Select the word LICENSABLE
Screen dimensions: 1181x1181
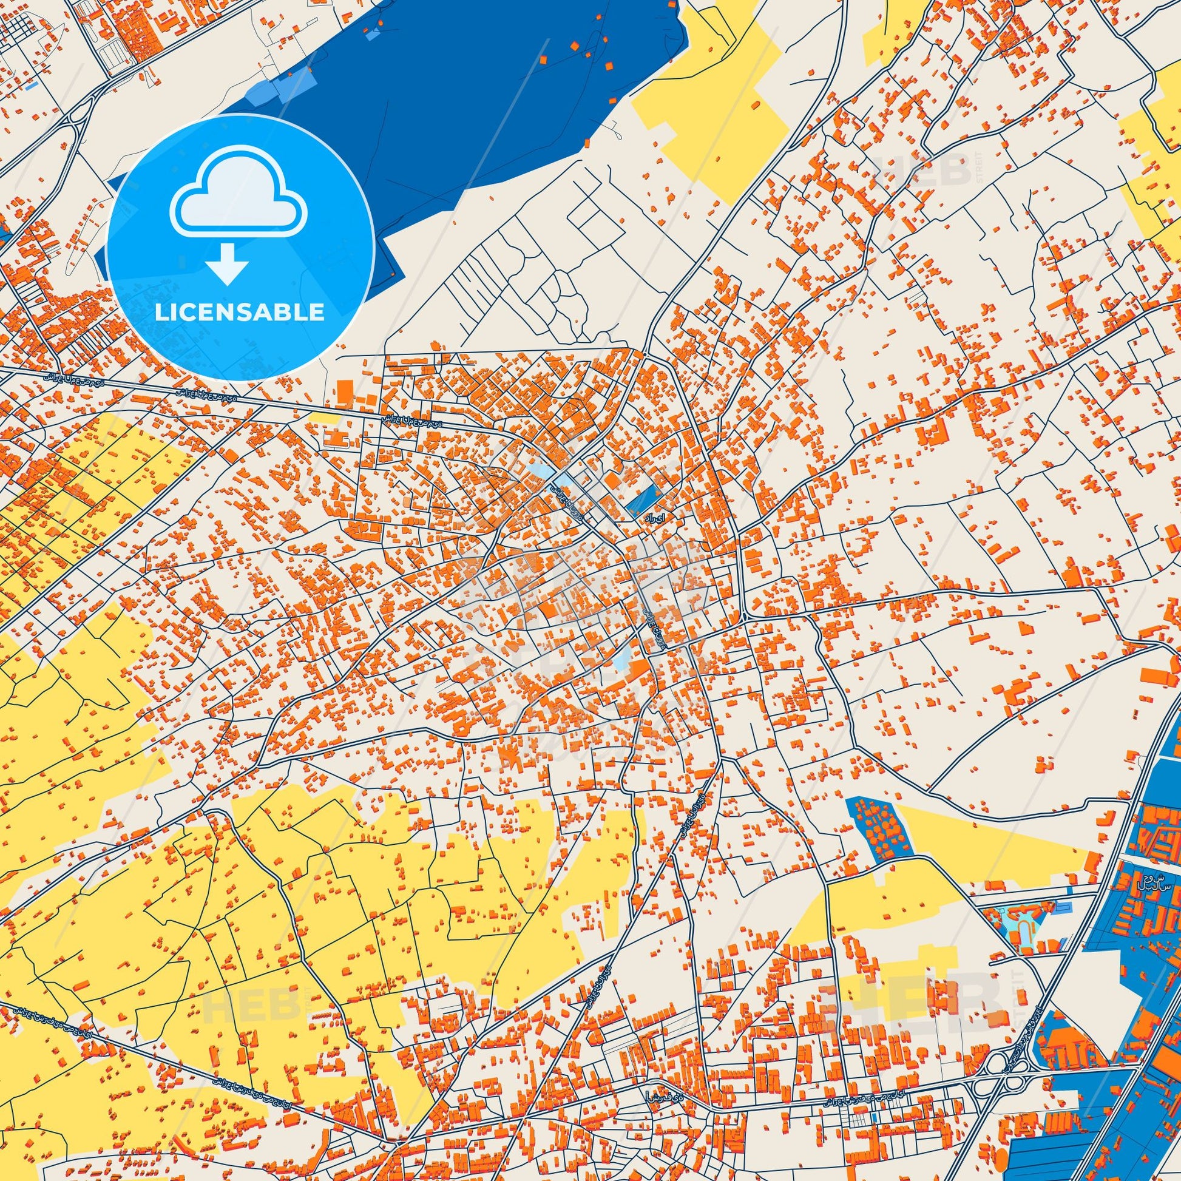pyautogui.click(x=240, y=313)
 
